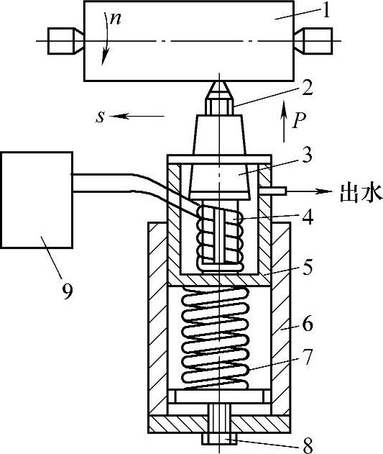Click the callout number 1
326,11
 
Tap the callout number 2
307,88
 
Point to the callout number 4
308,217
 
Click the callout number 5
308,267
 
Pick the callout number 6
308,324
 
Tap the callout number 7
308,357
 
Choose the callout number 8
308,446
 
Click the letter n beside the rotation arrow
116,19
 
